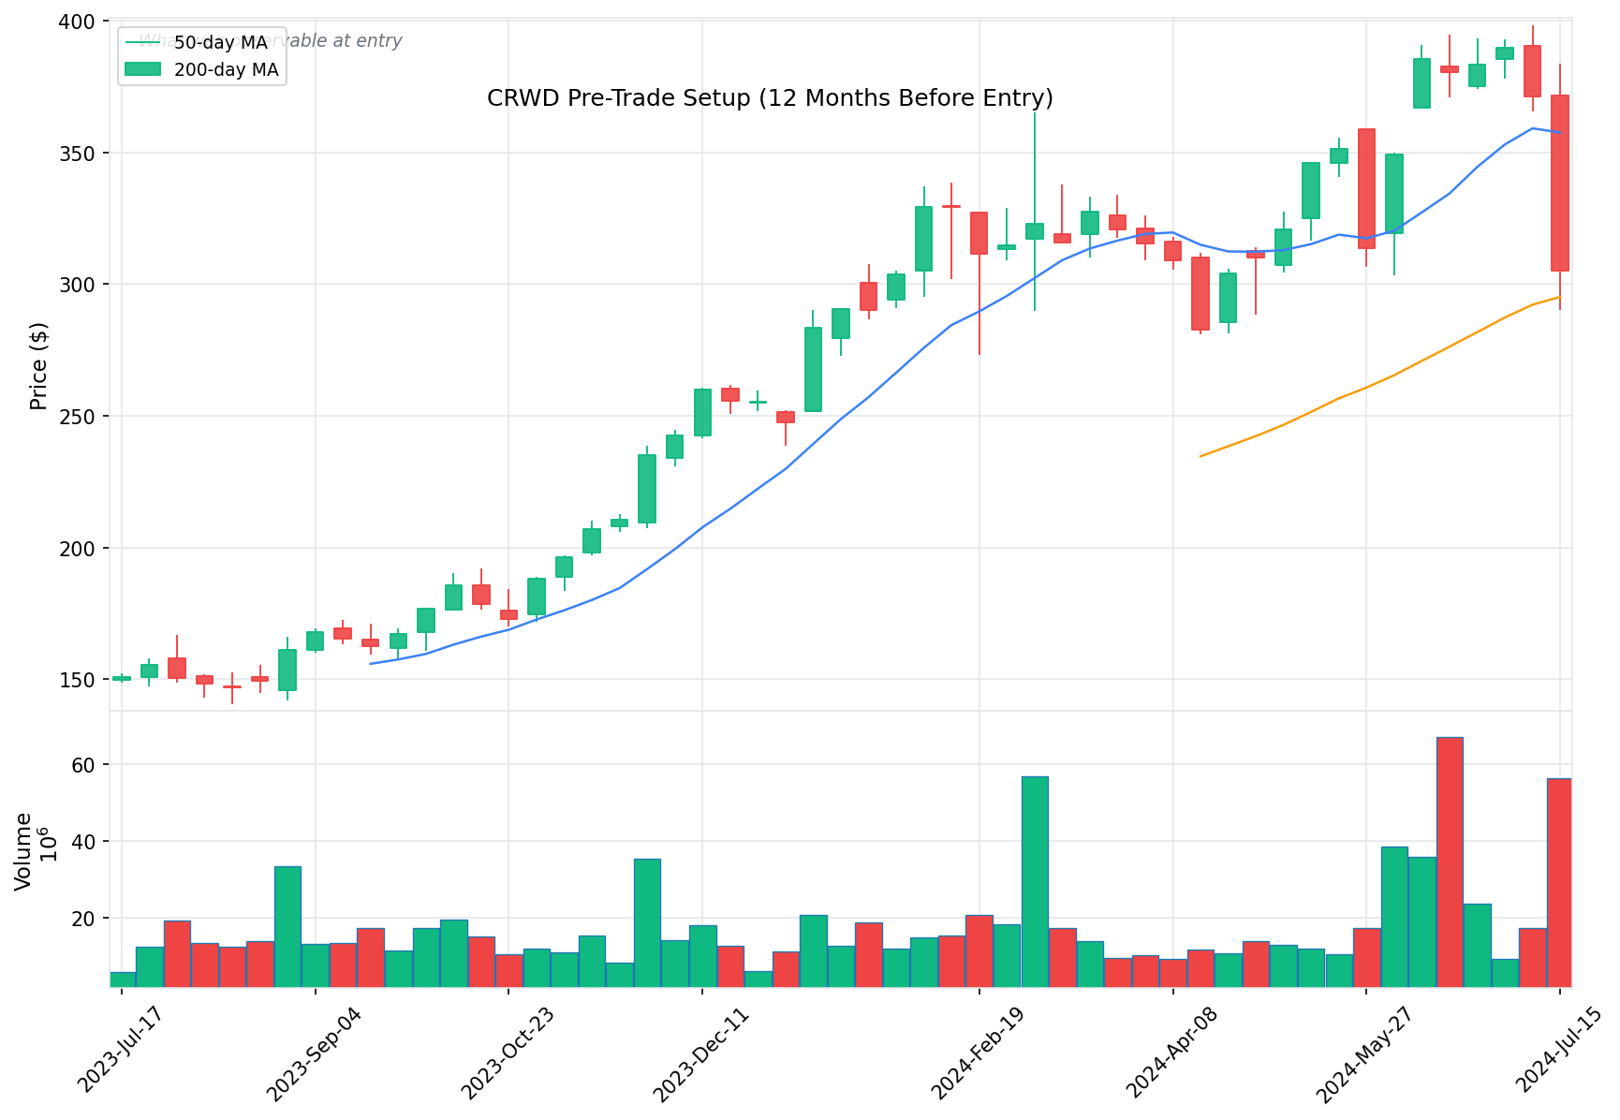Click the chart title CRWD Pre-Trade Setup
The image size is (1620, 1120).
pyautogui.click(x=770, y=98)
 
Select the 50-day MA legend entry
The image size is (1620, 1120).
pyautogui.click(x=221, y=43)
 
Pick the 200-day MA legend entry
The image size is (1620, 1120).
pyautogui.click(x=226, y=70)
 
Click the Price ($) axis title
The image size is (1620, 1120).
pyautogui.click(x=38, y=366)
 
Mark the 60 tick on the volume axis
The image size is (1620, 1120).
pyautogui.click(x=83, y=765)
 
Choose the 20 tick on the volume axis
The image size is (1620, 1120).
pyautogui.click(x=83, y=919)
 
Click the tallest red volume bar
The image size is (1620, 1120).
pyautogui.click(x=1450, y=862)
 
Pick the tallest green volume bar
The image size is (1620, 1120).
pyautogui.click(x=1035, y=880)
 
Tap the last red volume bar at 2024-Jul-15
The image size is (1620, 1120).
pyautogui.click(x=1559, y=882)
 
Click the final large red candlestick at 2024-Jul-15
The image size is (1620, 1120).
pyautogui.click(x=1559, y=184)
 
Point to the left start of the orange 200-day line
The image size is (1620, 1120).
pyautogui.click(x=1200, y=456)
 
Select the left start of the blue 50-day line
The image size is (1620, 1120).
pyautogui.click(x=371, y=664)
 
